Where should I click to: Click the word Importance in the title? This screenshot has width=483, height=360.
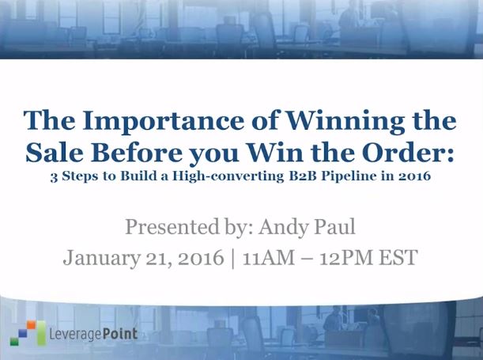coord(163,122)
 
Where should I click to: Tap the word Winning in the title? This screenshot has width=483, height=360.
coord(345,122)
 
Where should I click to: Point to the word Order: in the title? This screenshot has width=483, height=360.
coord(408,153)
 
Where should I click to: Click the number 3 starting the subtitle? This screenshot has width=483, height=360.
coord(54,177)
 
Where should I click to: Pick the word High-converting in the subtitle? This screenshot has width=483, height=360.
coord(228,176)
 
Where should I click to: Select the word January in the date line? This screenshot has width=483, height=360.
coord(102,258)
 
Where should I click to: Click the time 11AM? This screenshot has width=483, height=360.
coord(269,257)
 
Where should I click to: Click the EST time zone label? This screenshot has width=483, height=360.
coord(398,257)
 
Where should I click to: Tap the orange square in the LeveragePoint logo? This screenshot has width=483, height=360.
coord(31,325)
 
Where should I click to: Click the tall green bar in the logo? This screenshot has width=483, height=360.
coord(41,333)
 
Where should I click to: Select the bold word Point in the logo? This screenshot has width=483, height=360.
coord(119,334)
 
